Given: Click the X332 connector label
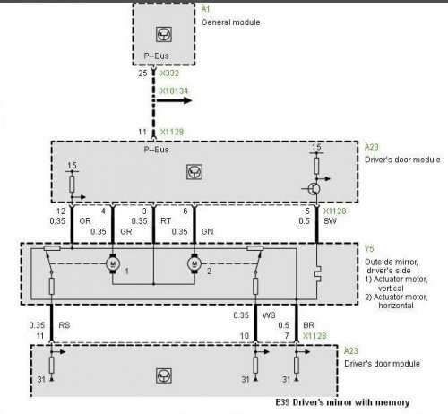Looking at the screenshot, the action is pyautogui.click(x=169, y=73).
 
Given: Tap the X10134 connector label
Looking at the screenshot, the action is pyautogui.click(x=174, y=91).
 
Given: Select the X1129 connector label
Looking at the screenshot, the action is pyautogui.click(x=172, y=132).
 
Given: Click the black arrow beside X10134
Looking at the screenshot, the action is pyautogui.click(x=174, y=100).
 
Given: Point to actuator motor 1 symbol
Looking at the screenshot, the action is pyautogui.click(x=113, y=263).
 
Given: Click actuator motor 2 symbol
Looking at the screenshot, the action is pyautogui.click(x=194, y=263).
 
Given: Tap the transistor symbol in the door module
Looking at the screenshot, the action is pyautogui.click(x=314, y=189).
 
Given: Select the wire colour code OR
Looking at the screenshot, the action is pyautogui.click(x=85, y=221).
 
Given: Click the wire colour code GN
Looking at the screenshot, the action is pyautogui.click(x=207, y=231).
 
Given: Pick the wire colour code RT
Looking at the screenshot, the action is pyautogui.click(x=166, y=221).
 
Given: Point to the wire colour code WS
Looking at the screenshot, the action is pyautogui.click(x=269, y=315).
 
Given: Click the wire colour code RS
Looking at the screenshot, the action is pyautogui.click(x=65, y=325).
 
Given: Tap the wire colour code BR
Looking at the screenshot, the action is pyautogui.click(x=308, y=325).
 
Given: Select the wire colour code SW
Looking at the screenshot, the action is pyautogui.click(x=330, y=221).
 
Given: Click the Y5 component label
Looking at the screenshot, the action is pyautogui.click(x=369, y=248).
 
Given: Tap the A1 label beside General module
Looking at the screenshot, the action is pyautogui.click(x=206, y=9).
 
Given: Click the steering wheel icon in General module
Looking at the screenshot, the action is pyautogui.click(x=164, y=34).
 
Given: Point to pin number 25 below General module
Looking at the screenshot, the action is pyautogui.click(x=142, y=73).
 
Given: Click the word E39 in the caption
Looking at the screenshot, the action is pyautogui.click(x=282, y=402).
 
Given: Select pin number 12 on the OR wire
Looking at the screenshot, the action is pyautogui.click(x=61, y=211).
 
